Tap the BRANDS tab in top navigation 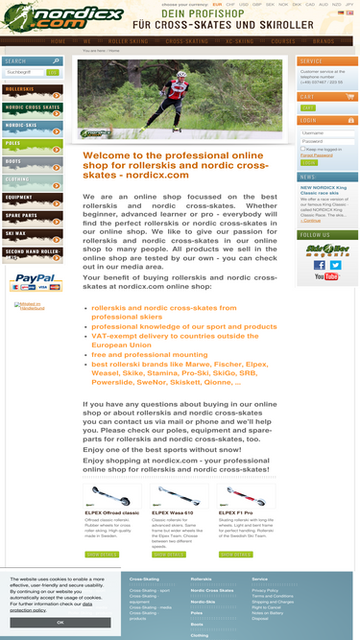324,42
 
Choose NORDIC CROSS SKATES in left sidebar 32,107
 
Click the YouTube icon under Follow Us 326,276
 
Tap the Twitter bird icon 335,264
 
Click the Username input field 326,133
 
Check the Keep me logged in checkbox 303,150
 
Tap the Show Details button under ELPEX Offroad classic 103,554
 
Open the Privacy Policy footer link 265,591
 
